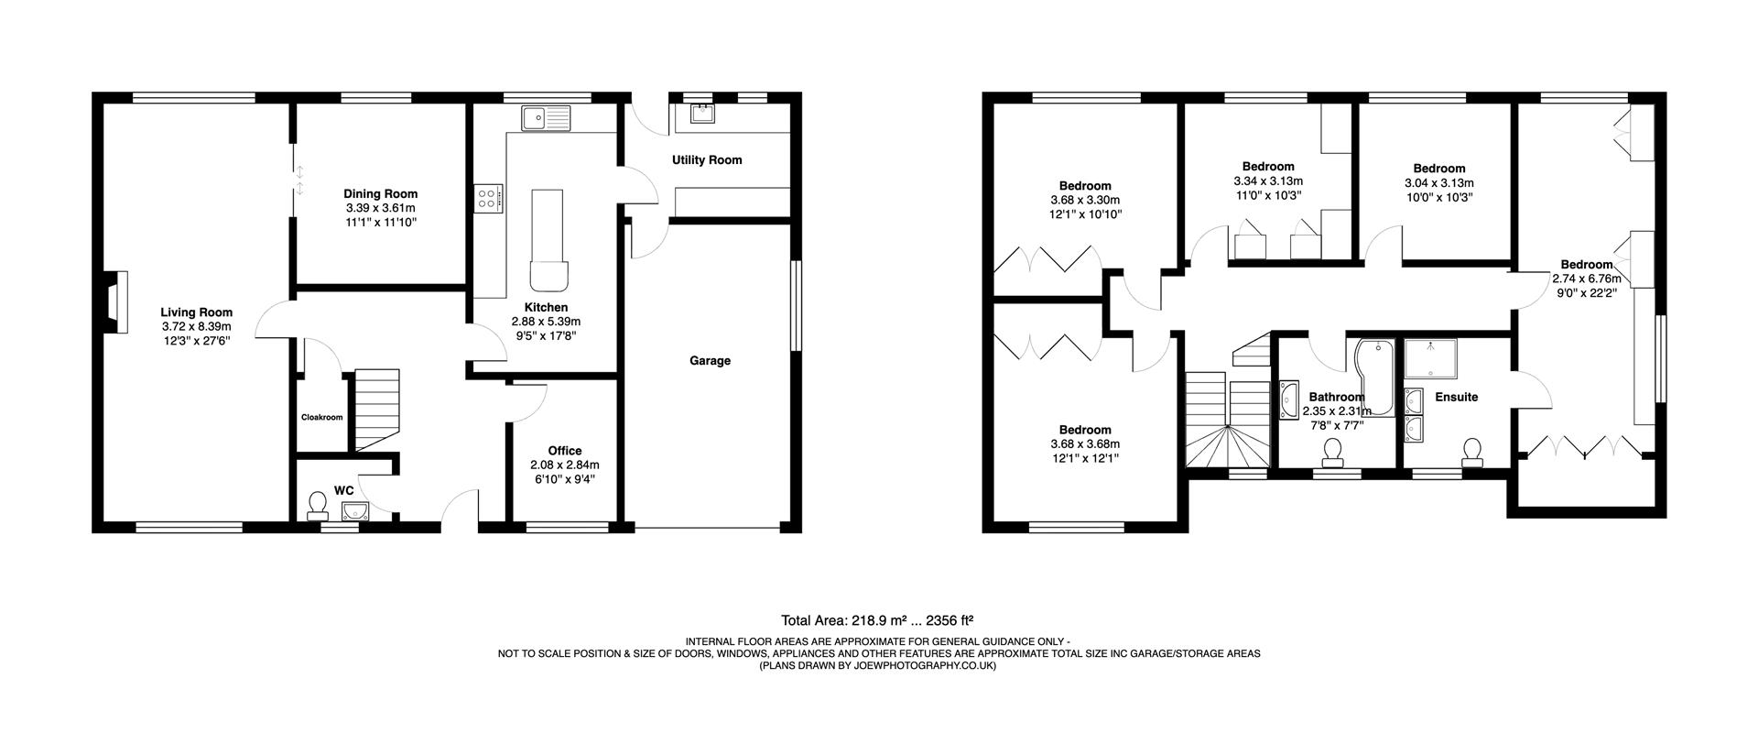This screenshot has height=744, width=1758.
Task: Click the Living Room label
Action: coord(196,312)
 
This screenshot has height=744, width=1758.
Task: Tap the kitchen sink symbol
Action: coord(545,117)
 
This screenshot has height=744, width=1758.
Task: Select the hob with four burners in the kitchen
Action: coord(488,198)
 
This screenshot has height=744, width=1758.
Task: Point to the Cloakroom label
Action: coord(321,418)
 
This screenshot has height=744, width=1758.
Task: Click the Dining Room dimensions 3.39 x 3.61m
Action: coord(380,208)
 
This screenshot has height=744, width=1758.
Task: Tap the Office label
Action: coord(565,451)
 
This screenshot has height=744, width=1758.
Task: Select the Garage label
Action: coord(710,361)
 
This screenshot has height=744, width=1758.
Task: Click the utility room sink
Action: coord(703,114)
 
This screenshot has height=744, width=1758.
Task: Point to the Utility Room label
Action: coord(707,160)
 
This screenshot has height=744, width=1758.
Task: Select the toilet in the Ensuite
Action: coord(1472,452)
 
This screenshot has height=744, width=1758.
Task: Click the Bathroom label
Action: coord(1337,398)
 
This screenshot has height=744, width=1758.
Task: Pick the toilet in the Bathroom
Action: coord(1332,452)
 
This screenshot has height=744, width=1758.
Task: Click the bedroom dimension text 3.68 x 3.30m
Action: coord(1085,200)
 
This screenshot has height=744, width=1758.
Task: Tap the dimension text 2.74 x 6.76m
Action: coord(1587,279)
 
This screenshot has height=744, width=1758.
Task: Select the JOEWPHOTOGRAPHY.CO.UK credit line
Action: coord(878,666)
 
